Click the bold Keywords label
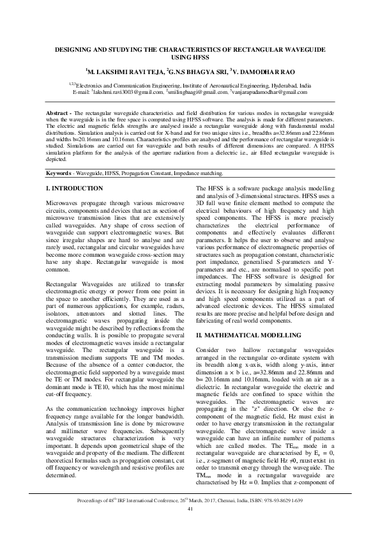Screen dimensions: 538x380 [x=62, y=173]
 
